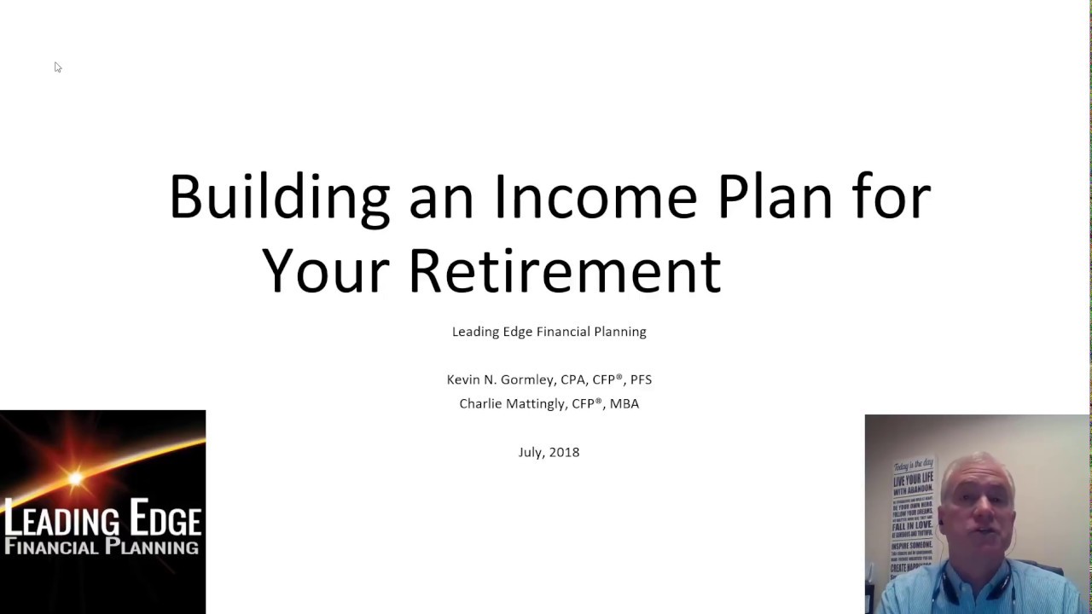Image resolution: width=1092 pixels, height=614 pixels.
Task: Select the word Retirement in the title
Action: (x=564, y=271)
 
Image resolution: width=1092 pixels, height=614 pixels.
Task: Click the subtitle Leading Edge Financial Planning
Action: (x=549, y=332)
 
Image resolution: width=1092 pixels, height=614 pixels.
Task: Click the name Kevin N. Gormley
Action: (x=501, y=379)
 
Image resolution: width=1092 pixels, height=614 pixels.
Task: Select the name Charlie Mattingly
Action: (x=512, y=403)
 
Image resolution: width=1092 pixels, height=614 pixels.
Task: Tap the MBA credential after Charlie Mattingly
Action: (x=624, y=403)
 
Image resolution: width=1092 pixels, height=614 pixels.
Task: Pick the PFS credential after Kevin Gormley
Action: (x=641, y=379)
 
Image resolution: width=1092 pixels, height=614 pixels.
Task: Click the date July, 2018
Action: (x=549, y=452)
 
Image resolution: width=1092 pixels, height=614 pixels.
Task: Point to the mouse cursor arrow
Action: (x=57, y=67)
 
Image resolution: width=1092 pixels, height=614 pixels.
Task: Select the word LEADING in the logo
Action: (x=61, y=519)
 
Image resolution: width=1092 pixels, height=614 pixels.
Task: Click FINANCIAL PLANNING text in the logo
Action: (x=102, y=547)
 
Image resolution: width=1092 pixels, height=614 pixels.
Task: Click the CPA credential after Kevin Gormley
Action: (x=572, y=379)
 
